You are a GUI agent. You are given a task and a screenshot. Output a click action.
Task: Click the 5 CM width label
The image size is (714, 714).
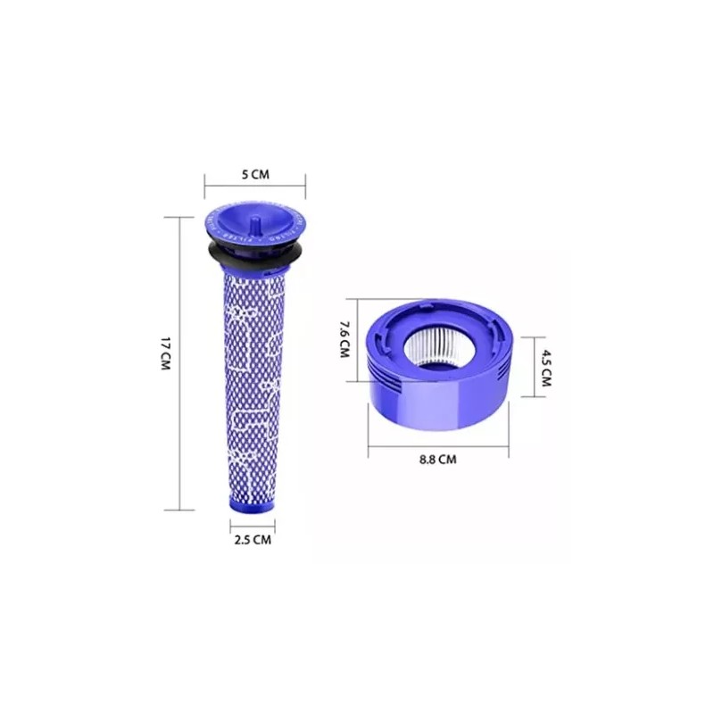255,175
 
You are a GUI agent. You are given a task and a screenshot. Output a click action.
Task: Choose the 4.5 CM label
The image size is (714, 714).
545,367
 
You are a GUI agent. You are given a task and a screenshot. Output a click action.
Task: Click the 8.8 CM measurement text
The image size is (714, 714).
438,461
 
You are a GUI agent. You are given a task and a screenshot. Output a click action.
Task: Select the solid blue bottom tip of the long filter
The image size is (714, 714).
249,502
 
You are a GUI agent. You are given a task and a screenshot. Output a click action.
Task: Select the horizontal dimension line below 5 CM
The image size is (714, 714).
255,187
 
